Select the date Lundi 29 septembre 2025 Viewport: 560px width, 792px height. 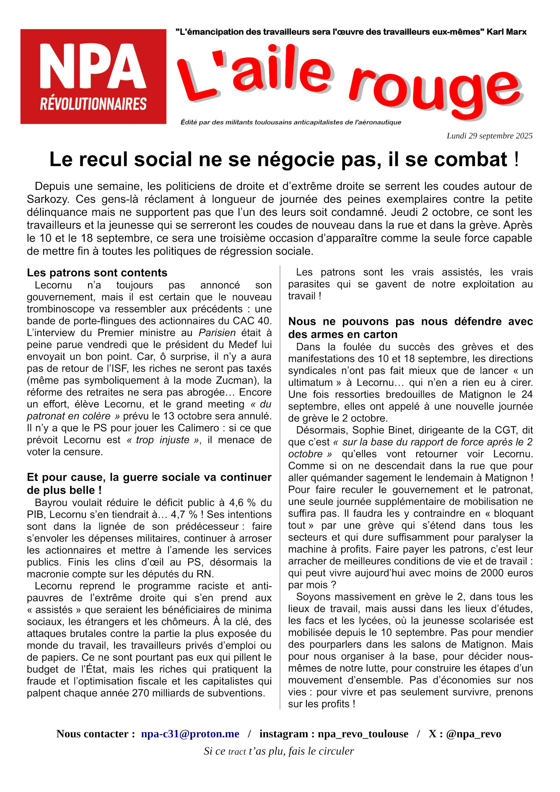(489, 136)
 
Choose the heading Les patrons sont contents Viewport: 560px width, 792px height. (97, 273)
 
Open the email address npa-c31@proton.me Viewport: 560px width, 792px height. (190, 734)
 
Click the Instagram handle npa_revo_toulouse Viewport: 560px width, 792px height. (363, 734)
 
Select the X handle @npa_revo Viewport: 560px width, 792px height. (473, 734)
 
